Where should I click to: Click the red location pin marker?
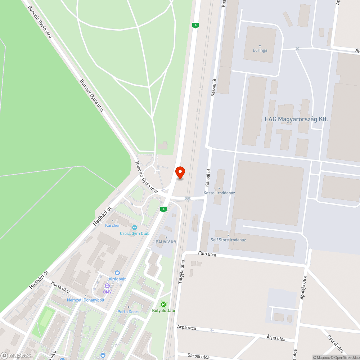tap(180, 172)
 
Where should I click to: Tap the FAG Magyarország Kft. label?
tap(296, 119)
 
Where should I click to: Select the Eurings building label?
tap(260, 50)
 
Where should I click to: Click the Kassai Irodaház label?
tap(219, 193)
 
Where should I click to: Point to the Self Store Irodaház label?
tap(228, 240)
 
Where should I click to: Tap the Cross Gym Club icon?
tap(135, 228)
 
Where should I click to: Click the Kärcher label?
tap(112, 225)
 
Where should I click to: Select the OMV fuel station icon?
tap(107, 286)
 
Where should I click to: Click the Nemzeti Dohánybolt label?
tap(85, 300)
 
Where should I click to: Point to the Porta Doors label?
tap(129, 312)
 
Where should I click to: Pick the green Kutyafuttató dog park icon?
tap(163, 305)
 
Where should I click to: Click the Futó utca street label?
tap(207, 254)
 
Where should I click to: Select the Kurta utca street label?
tap(60, 287)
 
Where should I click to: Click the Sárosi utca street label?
tap(198, 356)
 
